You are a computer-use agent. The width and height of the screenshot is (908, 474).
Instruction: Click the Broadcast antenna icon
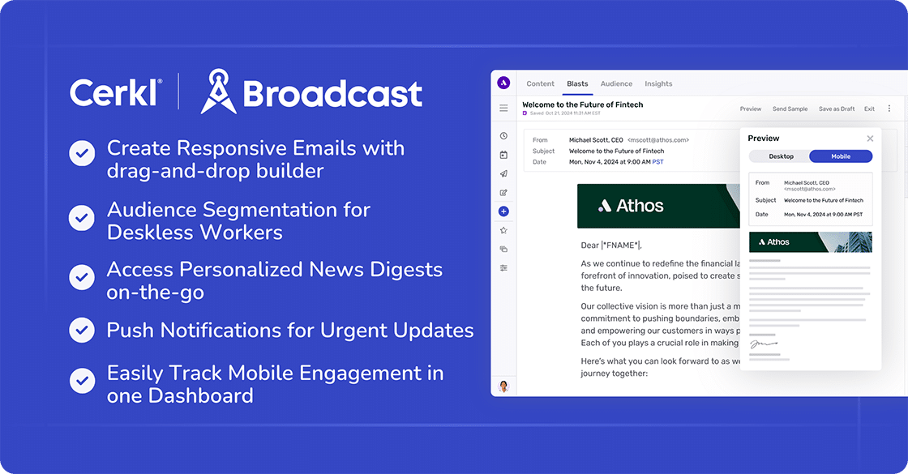coord(218,92)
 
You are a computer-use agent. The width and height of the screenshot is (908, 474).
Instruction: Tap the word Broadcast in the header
coord(332,93)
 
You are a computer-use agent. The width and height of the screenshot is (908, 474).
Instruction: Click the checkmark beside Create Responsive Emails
coord(82,153)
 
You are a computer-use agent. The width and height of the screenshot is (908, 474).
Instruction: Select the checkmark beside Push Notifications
coord(82,331)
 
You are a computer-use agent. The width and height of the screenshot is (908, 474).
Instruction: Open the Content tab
coord(540,84)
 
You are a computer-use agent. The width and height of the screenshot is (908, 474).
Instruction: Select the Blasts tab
coord(577,84)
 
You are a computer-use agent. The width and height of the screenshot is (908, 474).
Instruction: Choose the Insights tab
coord(658,84)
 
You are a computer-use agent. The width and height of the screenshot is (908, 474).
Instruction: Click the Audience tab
coord(616,84)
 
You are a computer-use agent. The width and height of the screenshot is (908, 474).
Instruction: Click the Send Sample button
coord(790,109)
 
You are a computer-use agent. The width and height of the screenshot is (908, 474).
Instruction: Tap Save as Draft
coord(837,109)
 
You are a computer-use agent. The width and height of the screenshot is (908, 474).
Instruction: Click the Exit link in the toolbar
coord(869,109)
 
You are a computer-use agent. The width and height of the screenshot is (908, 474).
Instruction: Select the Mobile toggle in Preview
coord(841,156)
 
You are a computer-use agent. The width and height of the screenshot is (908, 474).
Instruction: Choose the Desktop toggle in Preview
coord(781,156)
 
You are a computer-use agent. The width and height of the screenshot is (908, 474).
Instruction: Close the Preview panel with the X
coord(870,139)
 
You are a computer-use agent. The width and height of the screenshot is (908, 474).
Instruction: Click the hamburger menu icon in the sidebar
coord(503,108)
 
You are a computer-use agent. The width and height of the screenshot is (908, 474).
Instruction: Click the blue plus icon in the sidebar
coord(503,211)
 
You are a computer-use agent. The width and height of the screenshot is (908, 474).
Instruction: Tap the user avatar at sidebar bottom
coord(503,386)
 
